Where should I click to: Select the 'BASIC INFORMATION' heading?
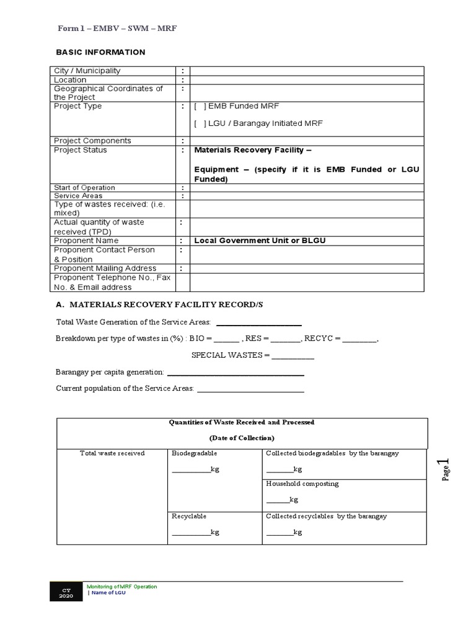100,52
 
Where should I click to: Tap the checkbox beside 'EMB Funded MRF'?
200,106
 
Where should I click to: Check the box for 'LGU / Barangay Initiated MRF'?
200,123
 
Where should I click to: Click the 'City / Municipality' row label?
87,71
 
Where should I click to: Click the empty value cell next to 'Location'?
307,80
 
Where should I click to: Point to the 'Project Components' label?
92,141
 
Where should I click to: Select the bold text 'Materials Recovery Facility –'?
253,150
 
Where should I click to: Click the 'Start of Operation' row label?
84,187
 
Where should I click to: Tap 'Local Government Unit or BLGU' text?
260,241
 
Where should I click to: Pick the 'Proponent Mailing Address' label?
105,269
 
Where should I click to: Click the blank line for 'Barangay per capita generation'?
236,373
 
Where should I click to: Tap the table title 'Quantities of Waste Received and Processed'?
242,422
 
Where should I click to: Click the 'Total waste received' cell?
112,453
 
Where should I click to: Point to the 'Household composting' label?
302,484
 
